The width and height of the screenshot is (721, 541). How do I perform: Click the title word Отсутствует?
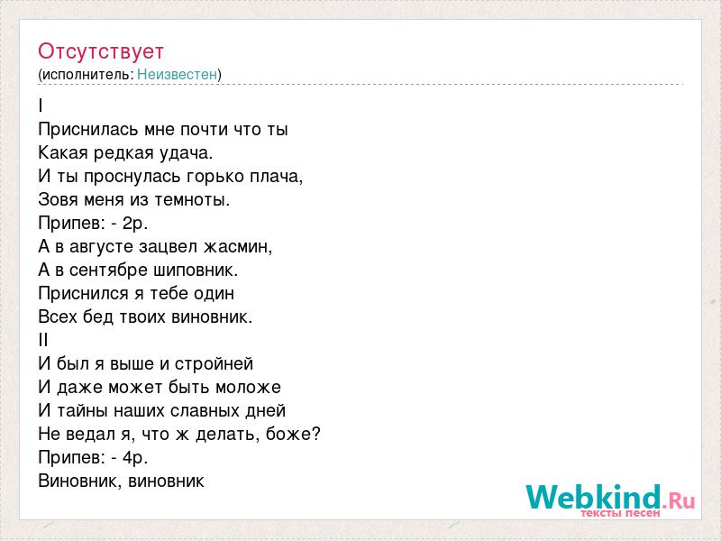click(x=101, y=51)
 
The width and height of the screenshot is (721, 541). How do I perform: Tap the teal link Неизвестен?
click(x=177, y=75)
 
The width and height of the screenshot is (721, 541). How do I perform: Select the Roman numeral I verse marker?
click(x=41, y=105)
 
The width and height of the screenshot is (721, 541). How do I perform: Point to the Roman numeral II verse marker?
click(x=43, y=341)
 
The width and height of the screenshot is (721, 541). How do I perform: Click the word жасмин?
click(x=238, y=247)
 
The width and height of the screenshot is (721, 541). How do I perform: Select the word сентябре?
click(x=109, y=270)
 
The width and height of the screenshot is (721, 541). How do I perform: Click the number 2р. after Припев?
click(x=135, y=224)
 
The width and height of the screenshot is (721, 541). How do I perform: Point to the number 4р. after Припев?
click(x=135, y=458)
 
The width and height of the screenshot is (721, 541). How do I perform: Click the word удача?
click(x=187, y=153)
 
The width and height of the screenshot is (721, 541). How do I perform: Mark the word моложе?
click(x=249, y=388)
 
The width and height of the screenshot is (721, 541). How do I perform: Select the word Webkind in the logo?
click(x=593, y=497)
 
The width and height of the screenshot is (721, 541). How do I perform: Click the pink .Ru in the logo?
click(x=679, y=500)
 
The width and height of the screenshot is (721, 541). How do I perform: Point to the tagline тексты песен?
click(x=620, y=512)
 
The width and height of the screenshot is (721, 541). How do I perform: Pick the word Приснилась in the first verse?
click(x=88, y=130)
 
